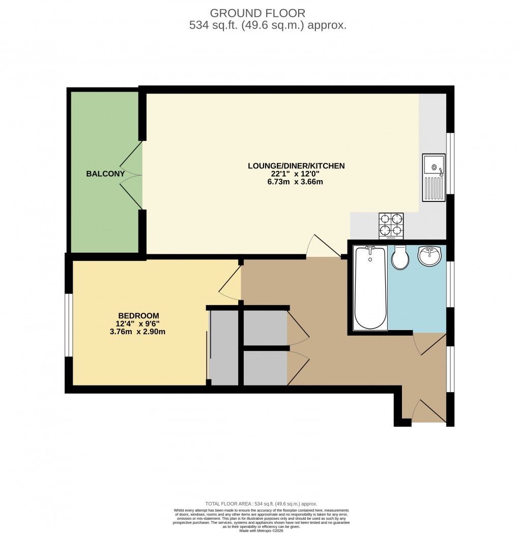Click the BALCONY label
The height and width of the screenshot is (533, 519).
[105, 174]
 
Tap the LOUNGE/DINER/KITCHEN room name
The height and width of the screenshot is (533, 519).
[296, 166]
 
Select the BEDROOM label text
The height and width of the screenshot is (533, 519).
[138, 316]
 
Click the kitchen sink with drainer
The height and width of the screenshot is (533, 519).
[434, 177]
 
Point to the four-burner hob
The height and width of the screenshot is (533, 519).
[391, 226]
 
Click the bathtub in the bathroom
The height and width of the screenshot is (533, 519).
[370, 288]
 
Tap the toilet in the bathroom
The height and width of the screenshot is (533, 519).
[400, 258]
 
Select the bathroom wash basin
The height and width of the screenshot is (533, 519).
[429, 256]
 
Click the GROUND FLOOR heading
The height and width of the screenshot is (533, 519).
[257, 13]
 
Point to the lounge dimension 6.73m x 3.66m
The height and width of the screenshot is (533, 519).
[295, 182]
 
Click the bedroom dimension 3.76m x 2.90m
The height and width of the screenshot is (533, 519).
[137, 332]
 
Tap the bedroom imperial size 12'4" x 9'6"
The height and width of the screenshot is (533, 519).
[137, 324]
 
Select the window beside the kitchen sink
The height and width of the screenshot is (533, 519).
[450, 163]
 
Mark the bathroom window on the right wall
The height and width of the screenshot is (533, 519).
[450, 284]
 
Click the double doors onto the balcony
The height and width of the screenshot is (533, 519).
[131, 175]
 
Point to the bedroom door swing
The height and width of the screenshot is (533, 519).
[230, 282]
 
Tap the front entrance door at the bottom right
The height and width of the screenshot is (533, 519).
[428, 411]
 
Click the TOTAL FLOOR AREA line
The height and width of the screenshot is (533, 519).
[261, 504]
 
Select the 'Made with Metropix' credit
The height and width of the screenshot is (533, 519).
[261, 530]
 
